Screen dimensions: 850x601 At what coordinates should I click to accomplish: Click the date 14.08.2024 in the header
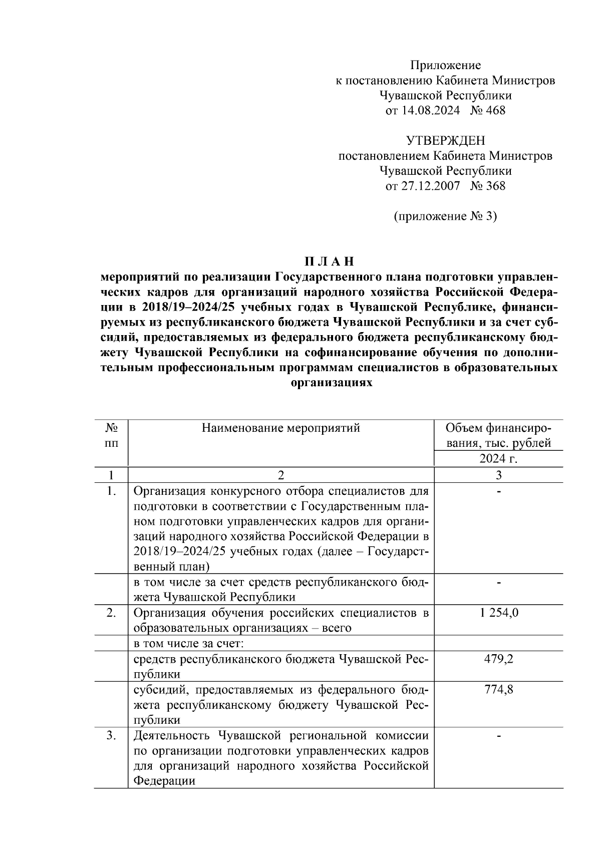click(430, 111)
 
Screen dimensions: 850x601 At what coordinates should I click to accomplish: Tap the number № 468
click(488, 111)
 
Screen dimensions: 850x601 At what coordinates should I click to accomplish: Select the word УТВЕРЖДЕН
click(445, 141)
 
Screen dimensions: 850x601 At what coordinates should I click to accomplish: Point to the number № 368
click(488, 186)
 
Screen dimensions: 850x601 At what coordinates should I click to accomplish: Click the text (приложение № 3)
click(445, 216)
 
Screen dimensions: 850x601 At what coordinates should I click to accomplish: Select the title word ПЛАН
click(329, 262)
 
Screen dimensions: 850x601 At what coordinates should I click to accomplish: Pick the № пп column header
click(112, 435)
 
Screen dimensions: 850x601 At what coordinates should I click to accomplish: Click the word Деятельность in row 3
click(173, 736)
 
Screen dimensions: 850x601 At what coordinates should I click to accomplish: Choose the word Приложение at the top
click(445, 65)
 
